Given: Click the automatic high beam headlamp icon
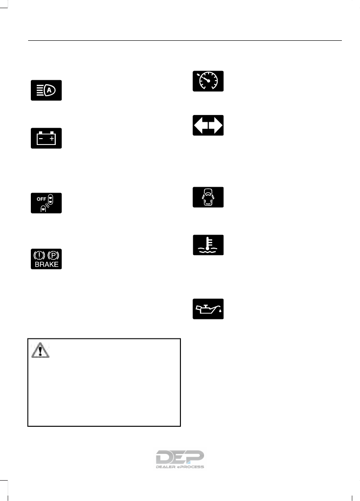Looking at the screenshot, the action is pyautogui.click(x=46, y=90).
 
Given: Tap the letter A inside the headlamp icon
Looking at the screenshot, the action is pyautogui.click(x=50, y=90).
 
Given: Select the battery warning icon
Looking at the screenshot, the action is pyautogui.click(x=46, y=138).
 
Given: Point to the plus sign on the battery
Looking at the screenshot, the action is pyautogui.click(x=52, y=138).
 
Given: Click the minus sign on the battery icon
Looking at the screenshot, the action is pyautogui.click(x=40, y=138).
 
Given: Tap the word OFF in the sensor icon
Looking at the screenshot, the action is pyautogui.click(x=41, y=198).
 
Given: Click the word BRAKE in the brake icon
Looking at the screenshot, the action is pyautogui.click(x=46, y=265).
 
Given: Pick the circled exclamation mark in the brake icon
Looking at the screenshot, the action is pyautogui.click(x=39, y=255).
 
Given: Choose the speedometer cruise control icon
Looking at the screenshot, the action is pyautogui.click(x=208, y=81).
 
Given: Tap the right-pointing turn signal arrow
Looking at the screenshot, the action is pyautogui.click(x=216, y=125).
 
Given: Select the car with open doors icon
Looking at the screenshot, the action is pyautogui.click(x=208, y=197).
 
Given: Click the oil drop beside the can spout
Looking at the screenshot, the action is pyautogui.click(x=220, y=312).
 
